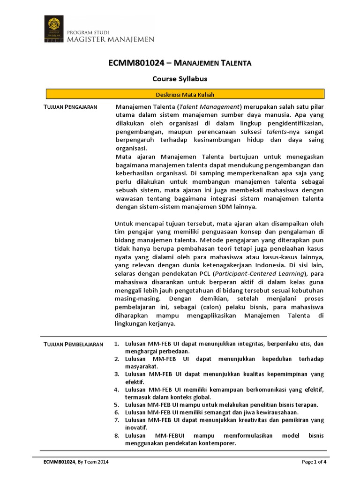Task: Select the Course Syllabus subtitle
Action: tap(180, 79)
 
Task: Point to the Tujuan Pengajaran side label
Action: tap(70, 107)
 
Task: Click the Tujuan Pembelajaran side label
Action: tap(73, 344)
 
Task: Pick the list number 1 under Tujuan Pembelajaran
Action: tap(117, 344)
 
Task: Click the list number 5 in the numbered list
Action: tap(117, 405)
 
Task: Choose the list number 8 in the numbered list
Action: tap(117, 435)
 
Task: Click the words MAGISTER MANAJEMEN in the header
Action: tap(111, 40)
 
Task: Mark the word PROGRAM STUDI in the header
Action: tap(89, 32)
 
